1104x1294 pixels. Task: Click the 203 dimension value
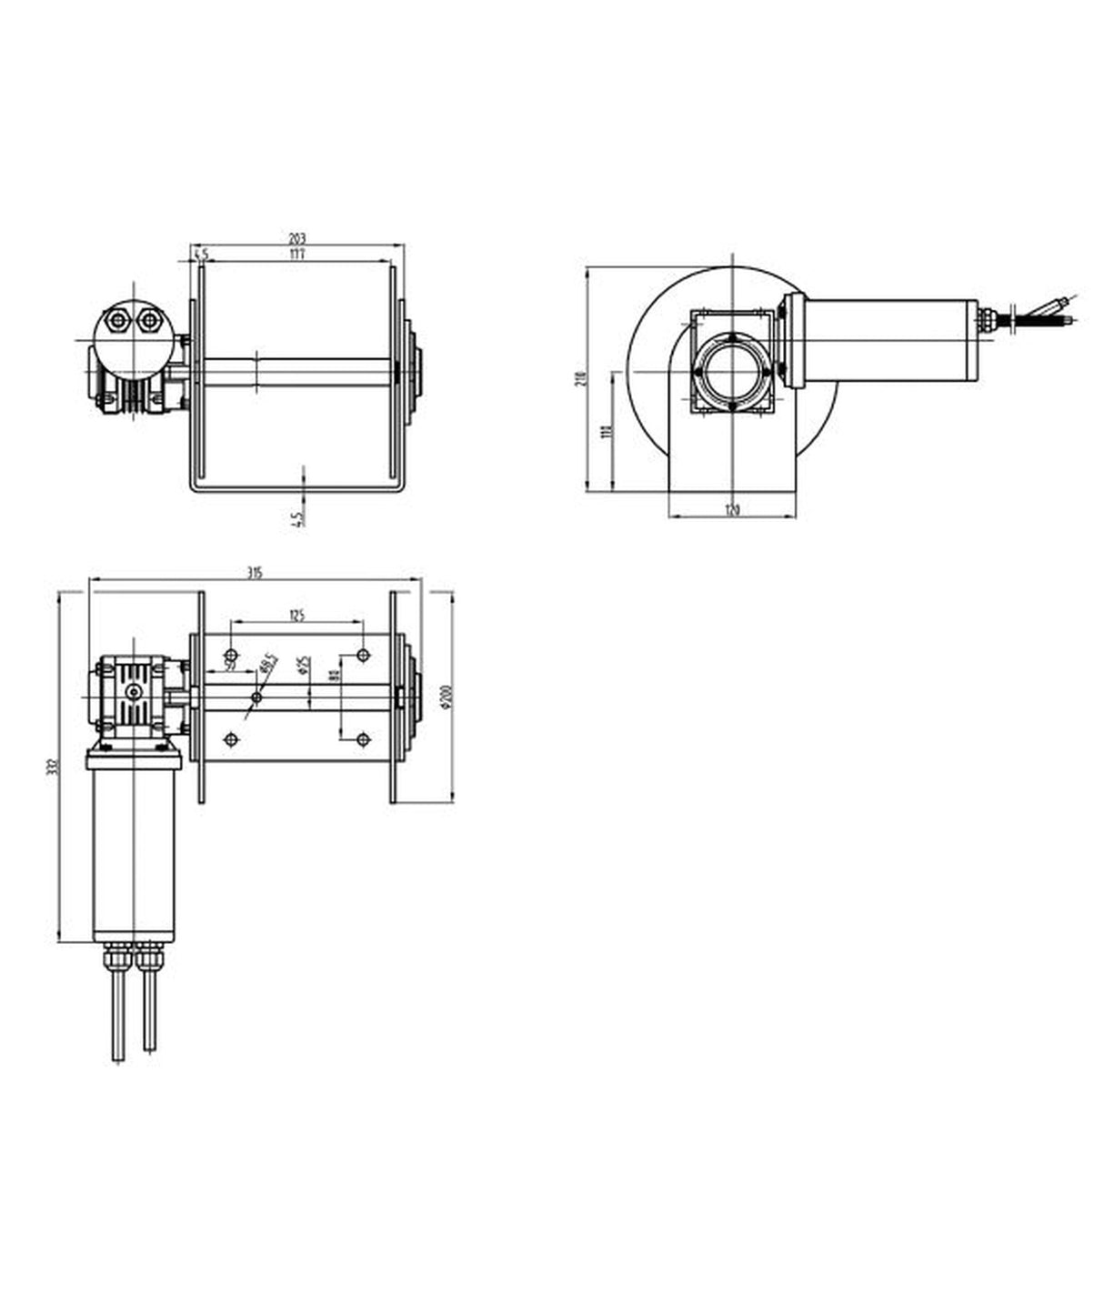(296, 239)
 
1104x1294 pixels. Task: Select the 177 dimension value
(296, 256)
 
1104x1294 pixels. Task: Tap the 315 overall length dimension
(255, 572)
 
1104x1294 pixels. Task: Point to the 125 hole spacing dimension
(296, 616)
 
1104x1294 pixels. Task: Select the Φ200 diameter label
(445, 697)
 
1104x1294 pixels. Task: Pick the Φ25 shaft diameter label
(305, 667)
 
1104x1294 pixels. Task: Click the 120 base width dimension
(732, 510)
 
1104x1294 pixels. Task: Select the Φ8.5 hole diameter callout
(267, 664)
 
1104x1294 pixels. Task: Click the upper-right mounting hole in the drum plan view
(363, 655)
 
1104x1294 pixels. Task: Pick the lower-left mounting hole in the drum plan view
(231, 739)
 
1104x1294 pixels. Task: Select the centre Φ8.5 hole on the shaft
(256, 697)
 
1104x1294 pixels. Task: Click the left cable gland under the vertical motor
(116, 958)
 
